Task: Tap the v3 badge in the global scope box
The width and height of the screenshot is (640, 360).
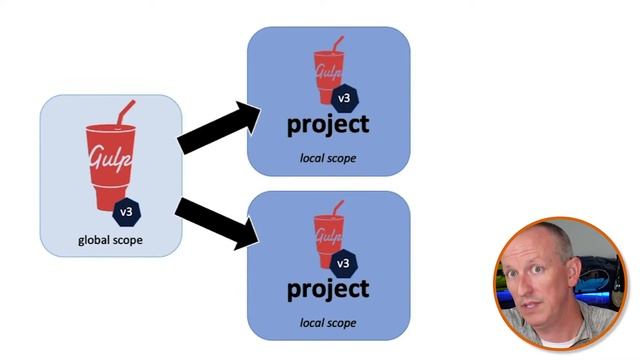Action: (127, 212)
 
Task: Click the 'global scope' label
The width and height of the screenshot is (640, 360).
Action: (109, 241)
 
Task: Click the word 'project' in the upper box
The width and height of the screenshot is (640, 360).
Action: (328, 125)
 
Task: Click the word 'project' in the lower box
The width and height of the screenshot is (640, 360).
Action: (328, 290)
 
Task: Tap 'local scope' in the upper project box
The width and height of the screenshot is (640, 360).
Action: (328, 158)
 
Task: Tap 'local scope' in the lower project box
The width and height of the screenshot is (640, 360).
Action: (328, 322)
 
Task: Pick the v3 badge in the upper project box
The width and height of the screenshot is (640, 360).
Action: (343, 98)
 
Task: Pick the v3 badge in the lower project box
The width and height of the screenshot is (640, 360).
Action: (343, 263)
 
